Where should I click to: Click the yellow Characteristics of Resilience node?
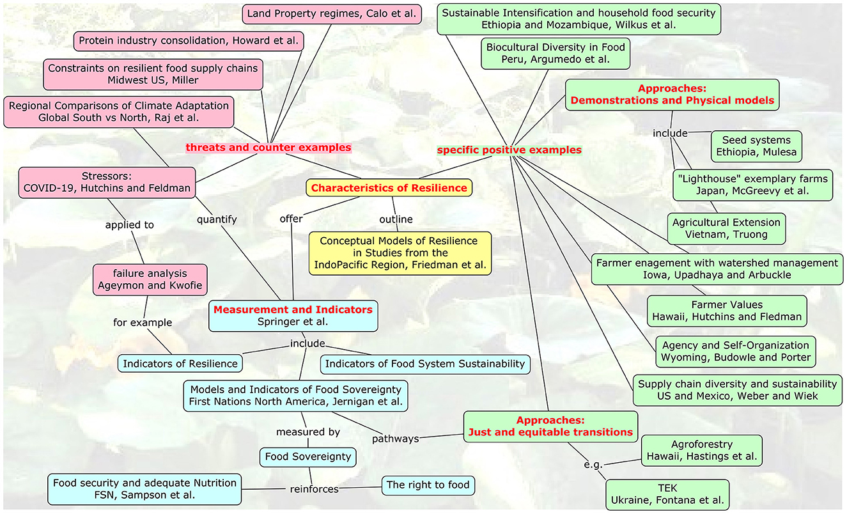[390, 188]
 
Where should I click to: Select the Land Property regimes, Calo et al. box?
[332, 13]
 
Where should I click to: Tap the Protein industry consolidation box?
[189, 42]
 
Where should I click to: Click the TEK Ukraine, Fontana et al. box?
[667, 494]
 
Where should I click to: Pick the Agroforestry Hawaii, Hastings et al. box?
[701, 450]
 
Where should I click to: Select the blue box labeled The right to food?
[428, 485]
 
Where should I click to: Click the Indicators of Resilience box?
[180, 364]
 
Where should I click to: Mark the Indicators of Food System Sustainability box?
[425, 364]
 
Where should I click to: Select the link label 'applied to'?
[130, 225]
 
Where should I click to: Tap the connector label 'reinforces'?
[313, 489]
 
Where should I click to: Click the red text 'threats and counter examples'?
[268, 148]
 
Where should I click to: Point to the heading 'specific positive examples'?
[509, 150]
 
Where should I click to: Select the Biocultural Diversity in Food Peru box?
[556, 53]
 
